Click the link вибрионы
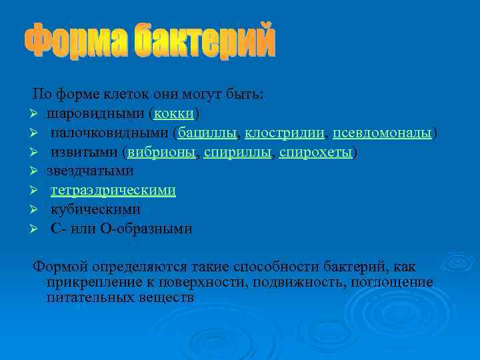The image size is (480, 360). [x=161, y=152]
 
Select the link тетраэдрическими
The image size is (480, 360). [x=113, y=191]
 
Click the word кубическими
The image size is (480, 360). [x=95, y=210]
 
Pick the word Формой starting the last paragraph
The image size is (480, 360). [x=58, y=267]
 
